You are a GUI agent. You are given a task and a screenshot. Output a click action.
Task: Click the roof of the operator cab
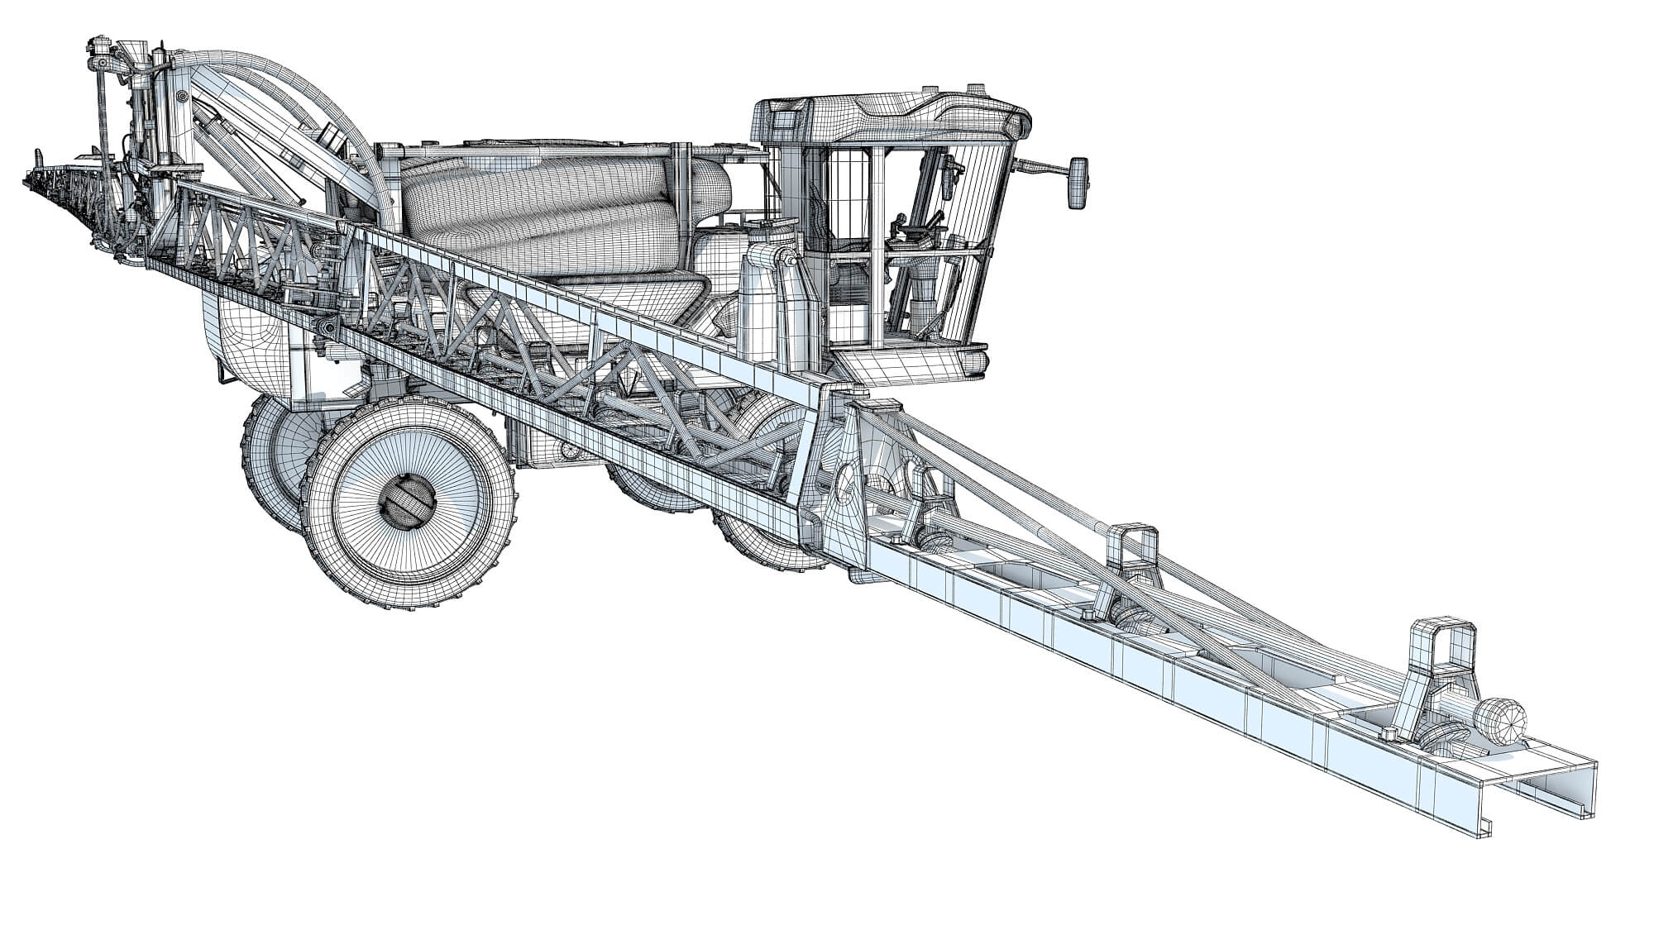click(889, 116)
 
